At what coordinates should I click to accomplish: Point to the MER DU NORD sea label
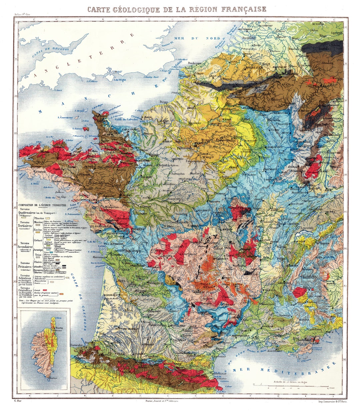pos(199,38)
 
